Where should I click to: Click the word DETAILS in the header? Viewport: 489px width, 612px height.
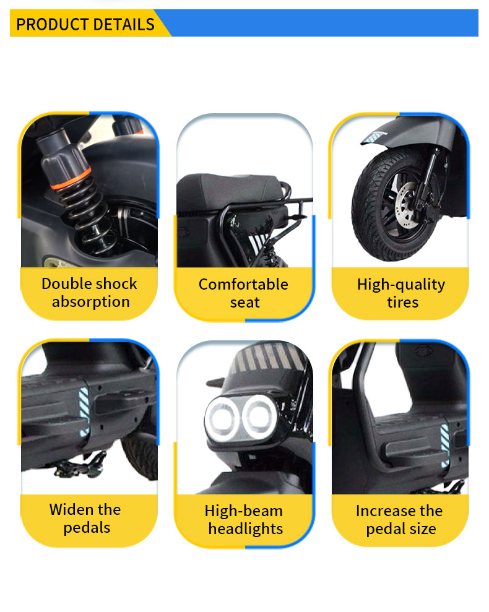(x=123, y=24)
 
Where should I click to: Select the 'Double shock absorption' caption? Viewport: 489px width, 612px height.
(x=89, y=293)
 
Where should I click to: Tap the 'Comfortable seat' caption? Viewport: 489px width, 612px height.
(x=244, y=293)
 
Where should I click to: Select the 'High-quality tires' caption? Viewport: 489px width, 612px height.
(x=401, y=293)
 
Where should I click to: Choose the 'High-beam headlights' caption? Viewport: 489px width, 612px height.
(x=244, y=520)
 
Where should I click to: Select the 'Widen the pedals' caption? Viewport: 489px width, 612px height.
(x=85, y=519)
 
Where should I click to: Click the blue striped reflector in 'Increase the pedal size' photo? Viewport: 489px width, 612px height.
(x=444, y=440)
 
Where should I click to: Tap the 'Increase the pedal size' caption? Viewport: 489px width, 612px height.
(x=400, y=520)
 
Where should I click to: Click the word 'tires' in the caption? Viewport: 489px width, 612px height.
(x=402, y=303)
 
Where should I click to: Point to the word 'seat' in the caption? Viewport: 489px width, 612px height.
(x=245, y=303)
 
